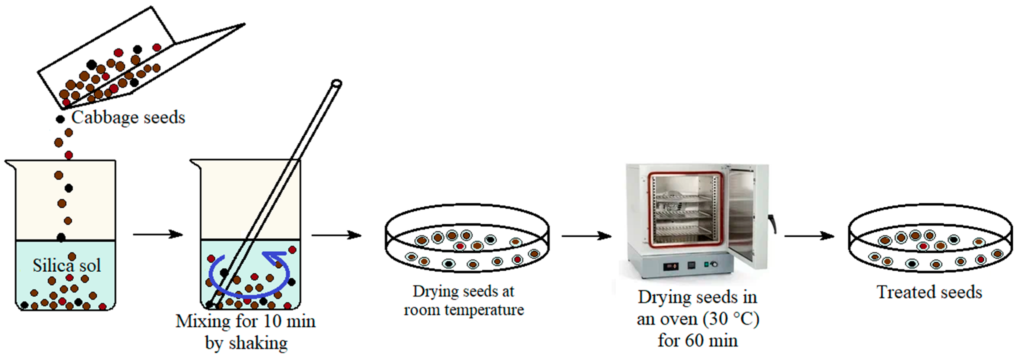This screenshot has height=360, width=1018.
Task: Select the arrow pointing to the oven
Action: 587,236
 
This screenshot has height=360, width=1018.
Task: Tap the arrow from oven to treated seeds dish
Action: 809,236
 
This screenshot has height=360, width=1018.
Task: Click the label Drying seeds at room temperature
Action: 463,300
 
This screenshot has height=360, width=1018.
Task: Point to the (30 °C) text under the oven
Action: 731,318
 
